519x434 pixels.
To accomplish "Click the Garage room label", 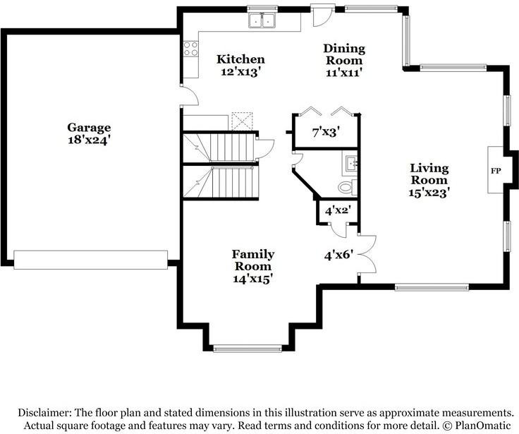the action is click(89, 128).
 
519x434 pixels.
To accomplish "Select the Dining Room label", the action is click(344, 54).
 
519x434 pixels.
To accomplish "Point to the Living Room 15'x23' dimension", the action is click(429, 193).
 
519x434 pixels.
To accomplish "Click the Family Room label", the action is click(253, 260).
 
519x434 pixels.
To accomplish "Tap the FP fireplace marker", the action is click(496, 171).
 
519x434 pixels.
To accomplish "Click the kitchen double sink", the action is click(262, 20).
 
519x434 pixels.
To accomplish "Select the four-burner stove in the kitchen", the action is click(190, 49).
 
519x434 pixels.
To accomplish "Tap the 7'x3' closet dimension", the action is click(326, 133).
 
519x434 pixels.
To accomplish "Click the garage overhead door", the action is click(91, 260).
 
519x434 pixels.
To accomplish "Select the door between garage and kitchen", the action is click(190, 95).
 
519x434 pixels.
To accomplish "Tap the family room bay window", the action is click(247, 348).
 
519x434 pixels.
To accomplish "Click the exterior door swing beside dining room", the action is click(322, 16).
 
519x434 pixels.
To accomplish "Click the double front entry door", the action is click(367, 255).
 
